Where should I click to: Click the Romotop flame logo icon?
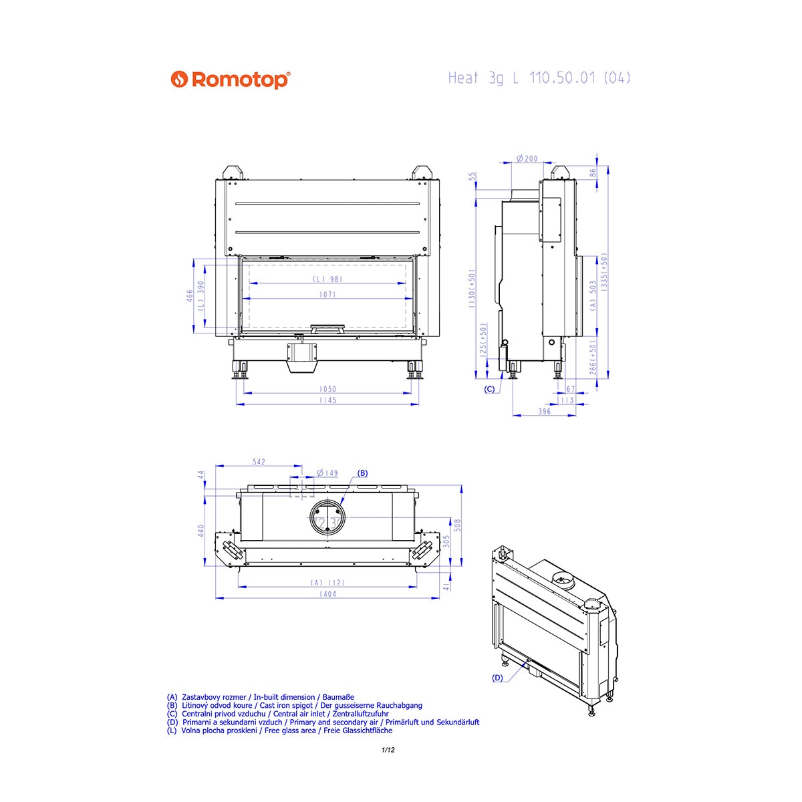point(179,79)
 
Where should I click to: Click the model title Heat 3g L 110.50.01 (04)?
point(539,78)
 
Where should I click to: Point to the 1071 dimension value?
point(327,295)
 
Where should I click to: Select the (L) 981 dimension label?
point(327,279)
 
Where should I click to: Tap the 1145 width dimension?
point(327,400)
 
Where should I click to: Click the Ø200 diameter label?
point(527,158)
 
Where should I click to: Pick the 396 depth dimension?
point(544,412)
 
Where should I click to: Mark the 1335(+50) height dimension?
point(604,271)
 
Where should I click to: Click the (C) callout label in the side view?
point(489,389)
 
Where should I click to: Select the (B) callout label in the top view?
point(362,473)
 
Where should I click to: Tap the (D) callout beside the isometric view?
point(497,678)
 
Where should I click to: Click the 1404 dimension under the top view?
point(327,594)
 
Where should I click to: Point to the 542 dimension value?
point(259,462)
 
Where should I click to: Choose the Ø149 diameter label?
point(327,473)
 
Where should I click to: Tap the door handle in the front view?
point(327,328)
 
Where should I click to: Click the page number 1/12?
point(388,751)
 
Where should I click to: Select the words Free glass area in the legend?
point(290,730)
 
